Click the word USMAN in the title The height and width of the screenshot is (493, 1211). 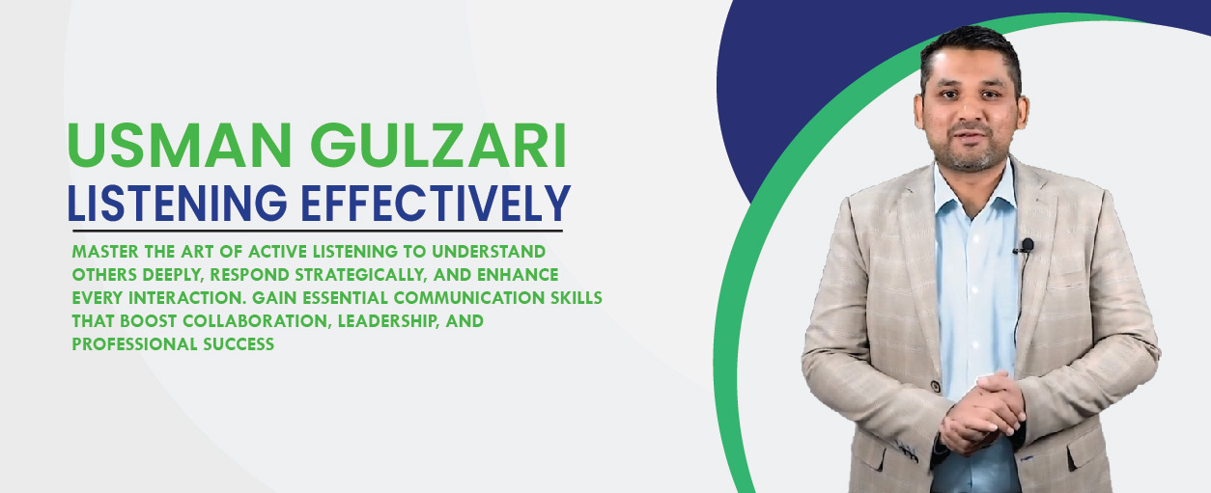(180, 146)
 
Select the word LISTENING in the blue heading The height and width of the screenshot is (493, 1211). (178, 203)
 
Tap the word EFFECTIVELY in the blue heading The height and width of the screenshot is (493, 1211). (436, 203)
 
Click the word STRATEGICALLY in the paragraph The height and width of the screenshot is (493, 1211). (361, 275)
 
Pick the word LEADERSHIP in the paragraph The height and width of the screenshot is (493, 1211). (387, 322)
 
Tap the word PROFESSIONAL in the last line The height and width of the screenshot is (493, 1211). (134, 344)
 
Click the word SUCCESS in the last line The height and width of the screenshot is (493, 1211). (239, 344)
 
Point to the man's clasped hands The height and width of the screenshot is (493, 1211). (982, 413)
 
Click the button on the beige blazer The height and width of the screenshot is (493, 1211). (935, 387)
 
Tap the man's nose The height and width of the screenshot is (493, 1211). (970, 111)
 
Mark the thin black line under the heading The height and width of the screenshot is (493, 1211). (318, 231)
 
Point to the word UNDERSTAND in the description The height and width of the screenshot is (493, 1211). (489, 252)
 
